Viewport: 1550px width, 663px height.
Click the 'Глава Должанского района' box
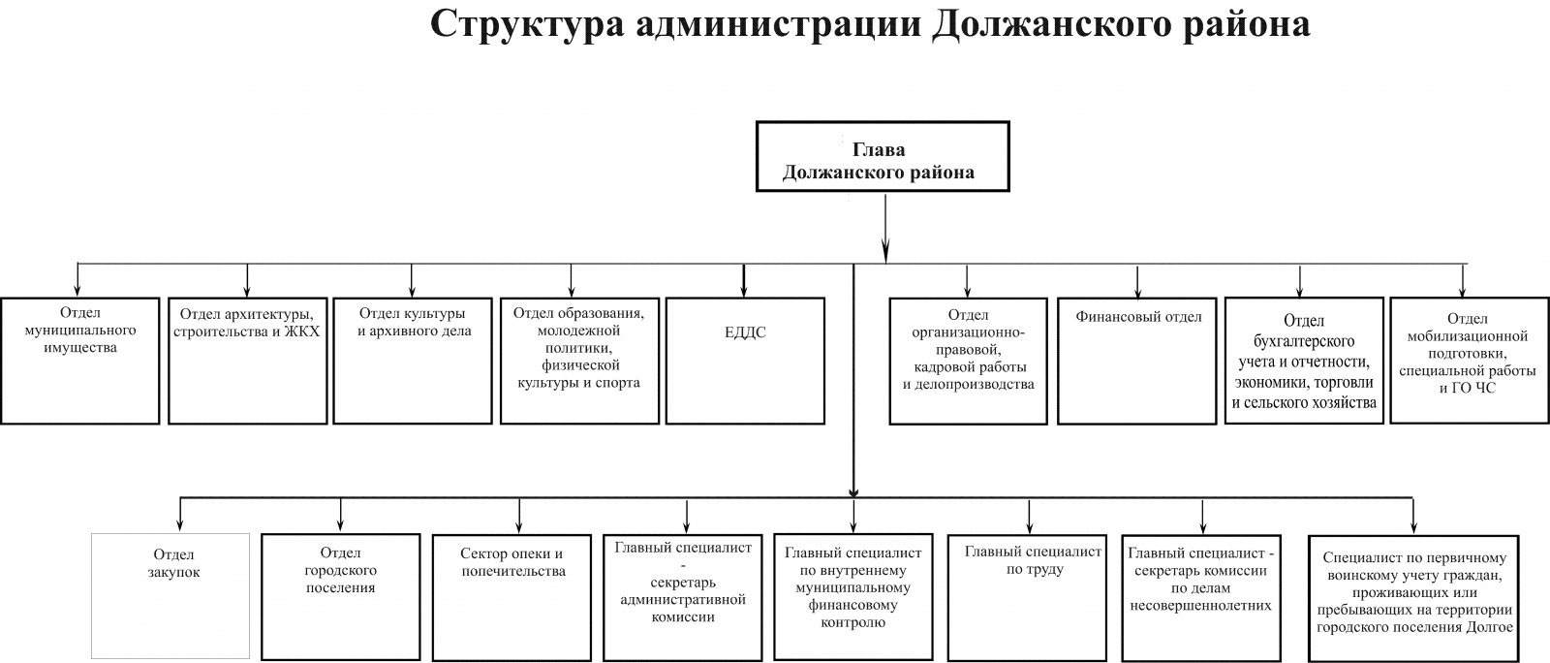coord(883,156)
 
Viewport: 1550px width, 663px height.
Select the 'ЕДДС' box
coord(745,361)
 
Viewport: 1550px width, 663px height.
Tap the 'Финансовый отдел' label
coord(1138,317)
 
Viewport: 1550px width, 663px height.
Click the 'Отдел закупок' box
coord(170,596)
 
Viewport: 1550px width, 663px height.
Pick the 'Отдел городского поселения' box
coord(340,596)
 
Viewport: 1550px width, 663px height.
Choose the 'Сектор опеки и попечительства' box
coord(512,597)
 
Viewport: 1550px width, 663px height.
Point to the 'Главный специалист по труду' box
coord(1027,598)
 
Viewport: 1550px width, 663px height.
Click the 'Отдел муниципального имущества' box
coord(80,361)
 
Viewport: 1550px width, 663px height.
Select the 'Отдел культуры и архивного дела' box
coord(413,361)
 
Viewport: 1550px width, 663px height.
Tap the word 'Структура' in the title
coord(527,25)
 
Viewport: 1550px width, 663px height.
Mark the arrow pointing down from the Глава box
coord(885,228)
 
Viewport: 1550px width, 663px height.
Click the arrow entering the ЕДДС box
coord(744,280)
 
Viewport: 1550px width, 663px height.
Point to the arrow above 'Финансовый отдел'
coord(1137,282)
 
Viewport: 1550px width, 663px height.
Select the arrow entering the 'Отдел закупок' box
coord(180,515)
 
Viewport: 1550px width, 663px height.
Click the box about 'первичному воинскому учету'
coord(1413,599)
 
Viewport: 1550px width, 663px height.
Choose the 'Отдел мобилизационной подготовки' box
coord(1469,360)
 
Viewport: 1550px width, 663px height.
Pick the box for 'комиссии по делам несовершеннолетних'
coord(1201,599)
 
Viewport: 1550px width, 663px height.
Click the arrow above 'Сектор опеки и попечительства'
coord(519,517)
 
